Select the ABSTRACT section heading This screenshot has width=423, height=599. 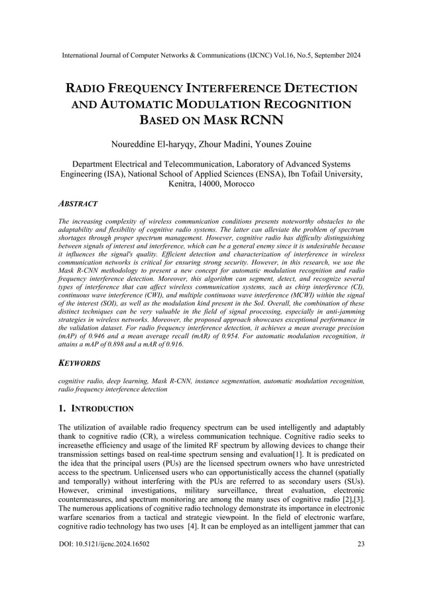[78, 204]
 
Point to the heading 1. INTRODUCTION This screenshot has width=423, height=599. [96, 408]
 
